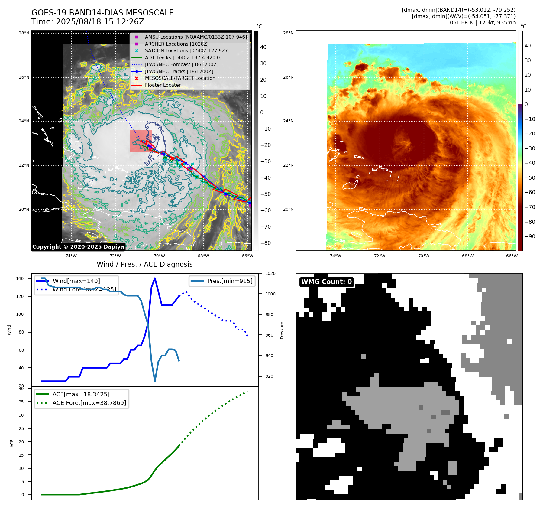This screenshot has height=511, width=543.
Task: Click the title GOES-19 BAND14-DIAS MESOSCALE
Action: click(x=102, y=13)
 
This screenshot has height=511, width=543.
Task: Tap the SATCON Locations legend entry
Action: click(x=187, y=50)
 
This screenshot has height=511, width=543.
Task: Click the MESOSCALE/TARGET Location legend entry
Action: click(x=180, y=78)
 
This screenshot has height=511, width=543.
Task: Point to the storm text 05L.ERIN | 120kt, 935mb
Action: click(x=483, y=23)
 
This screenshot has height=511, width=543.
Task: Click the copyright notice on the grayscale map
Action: click(x=78, y=247)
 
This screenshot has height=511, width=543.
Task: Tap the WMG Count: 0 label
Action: click(x=326, y=282)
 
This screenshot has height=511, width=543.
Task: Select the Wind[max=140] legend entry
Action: click(x=76, y=281)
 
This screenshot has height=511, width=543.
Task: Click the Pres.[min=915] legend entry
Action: click(x=230, y=281)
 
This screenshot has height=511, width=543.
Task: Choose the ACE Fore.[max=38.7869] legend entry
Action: click(x=89, y=403)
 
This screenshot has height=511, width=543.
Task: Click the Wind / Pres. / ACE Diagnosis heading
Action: click(x=144, y=264)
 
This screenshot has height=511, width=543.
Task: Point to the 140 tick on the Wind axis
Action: click(x=20, y=278)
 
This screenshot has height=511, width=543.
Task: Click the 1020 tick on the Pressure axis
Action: click(x=270, y=273)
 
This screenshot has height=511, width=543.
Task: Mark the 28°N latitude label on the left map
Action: click(x=24, y=33)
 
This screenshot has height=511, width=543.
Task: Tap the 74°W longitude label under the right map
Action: click(x=335, y=256)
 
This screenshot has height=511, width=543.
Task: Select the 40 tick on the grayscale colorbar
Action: click(x=263, y=47)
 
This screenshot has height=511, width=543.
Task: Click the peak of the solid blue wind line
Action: click(x=155, y=278)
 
